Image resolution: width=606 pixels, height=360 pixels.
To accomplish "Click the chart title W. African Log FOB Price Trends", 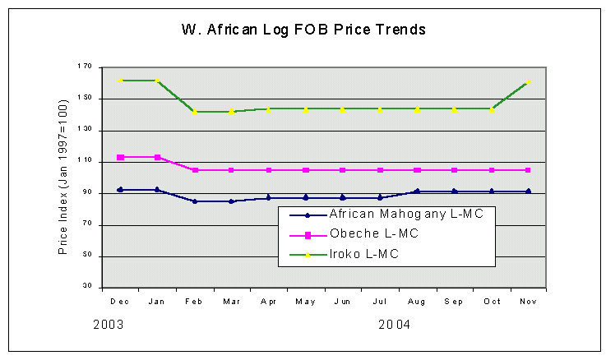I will (x=303, y=30).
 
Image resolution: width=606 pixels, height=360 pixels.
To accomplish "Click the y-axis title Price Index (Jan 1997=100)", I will (x=62, y=177).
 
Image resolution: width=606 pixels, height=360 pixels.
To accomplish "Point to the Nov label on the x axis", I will (x=528, y=301).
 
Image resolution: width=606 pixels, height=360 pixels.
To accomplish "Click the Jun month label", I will (x=343, y=301).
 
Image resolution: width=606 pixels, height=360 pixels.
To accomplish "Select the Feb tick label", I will (x=195, y=301).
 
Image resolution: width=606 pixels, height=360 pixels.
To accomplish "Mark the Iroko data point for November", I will (x=528, y=81).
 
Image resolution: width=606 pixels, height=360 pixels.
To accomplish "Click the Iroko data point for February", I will (x=195, y=112).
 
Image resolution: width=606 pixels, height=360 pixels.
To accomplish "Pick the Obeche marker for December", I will (x=121, y=157).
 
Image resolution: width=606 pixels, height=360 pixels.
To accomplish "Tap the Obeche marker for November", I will (x=528, y=170).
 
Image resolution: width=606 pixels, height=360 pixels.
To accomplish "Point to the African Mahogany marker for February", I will (x=195, y=201).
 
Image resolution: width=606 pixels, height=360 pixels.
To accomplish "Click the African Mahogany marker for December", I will (x=121, y=190).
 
